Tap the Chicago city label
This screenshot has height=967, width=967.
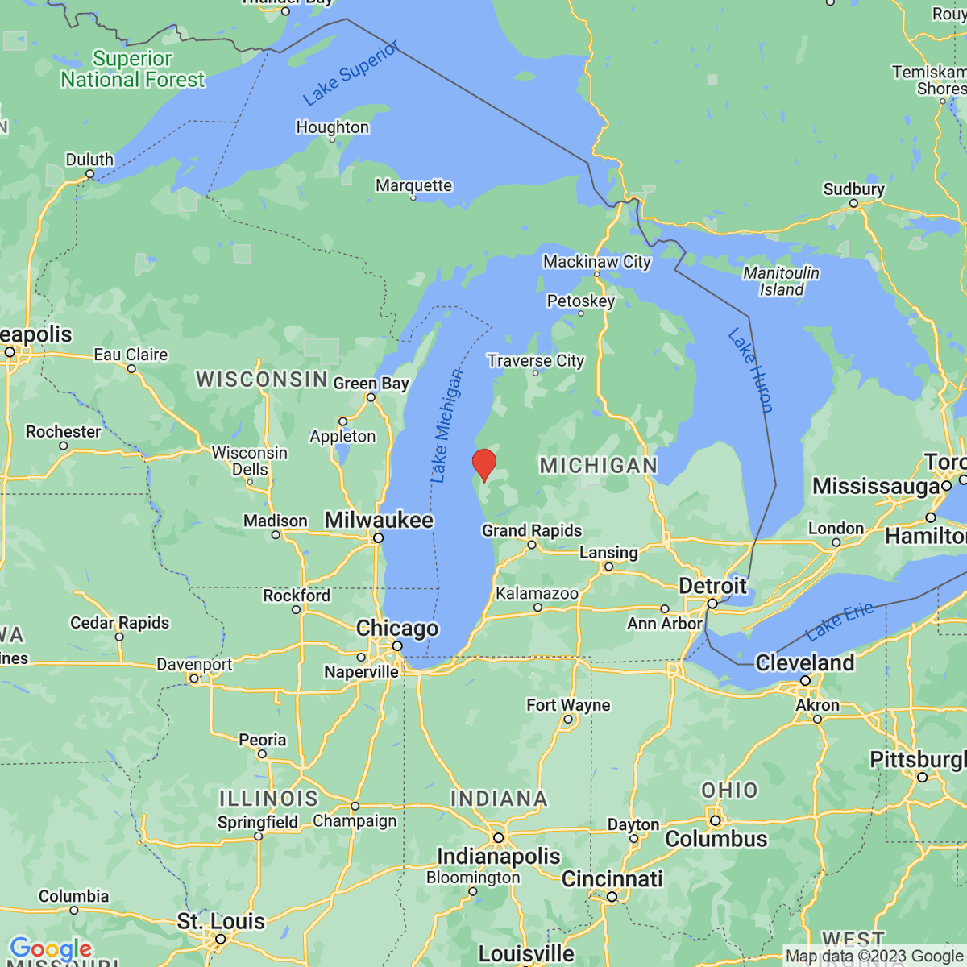pyautogui.click(x=397, y=629)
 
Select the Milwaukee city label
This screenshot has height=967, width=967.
pyautogui.click(x=379, y=521)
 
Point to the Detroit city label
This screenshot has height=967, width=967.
pyautogui.click(x=712, y=586)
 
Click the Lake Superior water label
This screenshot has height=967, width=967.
pyautogui.click(x=351, y=74)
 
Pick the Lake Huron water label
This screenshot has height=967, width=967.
pyautogui.click(x=750, y=371)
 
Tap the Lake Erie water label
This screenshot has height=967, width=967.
pyautogui.click(x=839, y=620)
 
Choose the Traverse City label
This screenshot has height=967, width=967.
pyautogui.click(x=535, y=360)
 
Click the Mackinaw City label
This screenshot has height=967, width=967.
pyautogui.click(x=596, y=262)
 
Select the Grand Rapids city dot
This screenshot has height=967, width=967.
pyautogui.click(x=532, y=545)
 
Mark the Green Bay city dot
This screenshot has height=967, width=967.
pyautogui.click(x=371, y=397)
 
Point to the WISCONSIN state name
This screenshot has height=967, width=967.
pyautogui.click(x=262, y=380)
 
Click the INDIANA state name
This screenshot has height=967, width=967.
pyautogui.click(x=499, y=799)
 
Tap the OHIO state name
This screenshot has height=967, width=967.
pyautogui.click(x=729, y=790)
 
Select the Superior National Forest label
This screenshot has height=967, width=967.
pyautogui.click(x=133, y=69)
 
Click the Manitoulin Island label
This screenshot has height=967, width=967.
pyautogui.click(x=781, y=281)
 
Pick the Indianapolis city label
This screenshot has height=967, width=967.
pyautogui.click(x=498, y=856)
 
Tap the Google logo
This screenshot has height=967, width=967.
pyautogui.click(x=50, y=949)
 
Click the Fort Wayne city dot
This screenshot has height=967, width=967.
pyautogui.click(x=568, y=720)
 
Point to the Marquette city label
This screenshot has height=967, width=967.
pyautogui.click(x=413, y=185)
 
